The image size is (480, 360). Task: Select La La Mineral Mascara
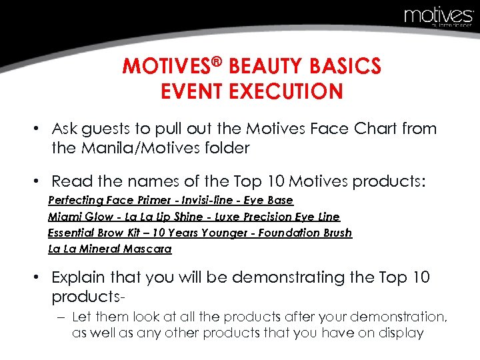click(109, 249)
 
